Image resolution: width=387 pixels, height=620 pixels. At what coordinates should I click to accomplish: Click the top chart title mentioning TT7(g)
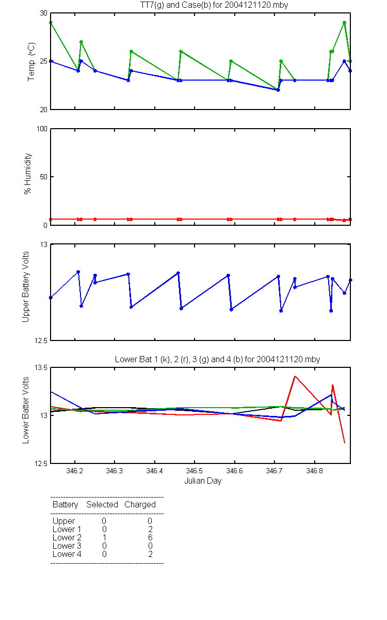214,5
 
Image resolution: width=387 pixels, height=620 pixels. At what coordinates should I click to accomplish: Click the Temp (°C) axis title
31,61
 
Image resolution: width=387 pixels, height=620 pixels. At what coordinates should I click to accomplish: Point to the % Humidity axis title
28,174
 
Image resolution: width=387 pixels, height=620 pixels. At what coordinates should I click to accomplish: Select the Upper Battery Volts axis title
25,287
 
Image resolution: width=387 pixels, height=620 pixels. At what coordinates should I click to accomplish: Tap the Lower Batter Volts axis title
25,410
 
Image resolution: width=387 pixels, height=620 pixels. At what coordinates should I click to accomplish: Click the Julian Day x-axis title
203,481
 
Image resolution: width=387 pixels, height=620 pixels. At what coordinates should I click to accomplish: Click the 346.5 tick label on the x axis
195,471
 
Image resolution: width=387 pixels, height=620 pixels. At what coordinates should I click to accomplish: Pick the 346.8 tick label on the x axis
314,471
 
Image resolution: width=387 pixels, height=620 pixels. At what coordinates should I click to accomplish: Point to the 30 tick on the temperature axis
44,13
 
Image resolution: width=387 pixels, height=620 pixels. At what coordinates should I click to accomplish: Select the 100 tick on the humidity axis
42,129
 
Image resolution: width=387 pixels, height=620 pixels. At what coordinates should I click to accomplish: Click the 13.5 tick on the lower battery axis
41,367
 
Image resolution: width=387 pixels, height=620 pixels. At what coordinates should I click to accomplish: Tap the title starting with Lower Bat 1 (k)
218,359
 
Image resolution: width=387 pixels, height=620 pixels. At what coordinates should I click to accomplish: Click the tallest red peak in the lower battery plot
295,376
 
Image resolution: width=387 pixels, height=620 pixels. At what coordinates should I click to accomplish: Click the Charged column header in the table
140,505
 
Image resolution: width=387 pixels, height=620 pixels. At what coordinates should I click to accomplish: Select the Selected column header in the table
102,505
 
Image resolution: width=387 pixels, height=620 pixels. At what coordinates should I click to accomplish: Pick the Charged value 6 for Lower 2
150,537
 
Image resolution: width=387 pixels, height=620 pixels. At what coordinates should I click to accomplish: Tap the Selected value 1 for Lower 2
104,537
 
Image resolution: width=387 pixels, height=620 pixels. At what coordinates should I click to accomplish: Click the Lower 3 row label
67,546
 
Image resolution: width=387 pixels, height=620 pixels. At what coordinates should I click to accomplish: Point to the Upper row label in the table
63,521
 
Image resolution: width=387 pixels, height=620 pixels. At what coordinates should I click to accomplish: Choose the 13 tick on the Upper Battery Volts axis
44,244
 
